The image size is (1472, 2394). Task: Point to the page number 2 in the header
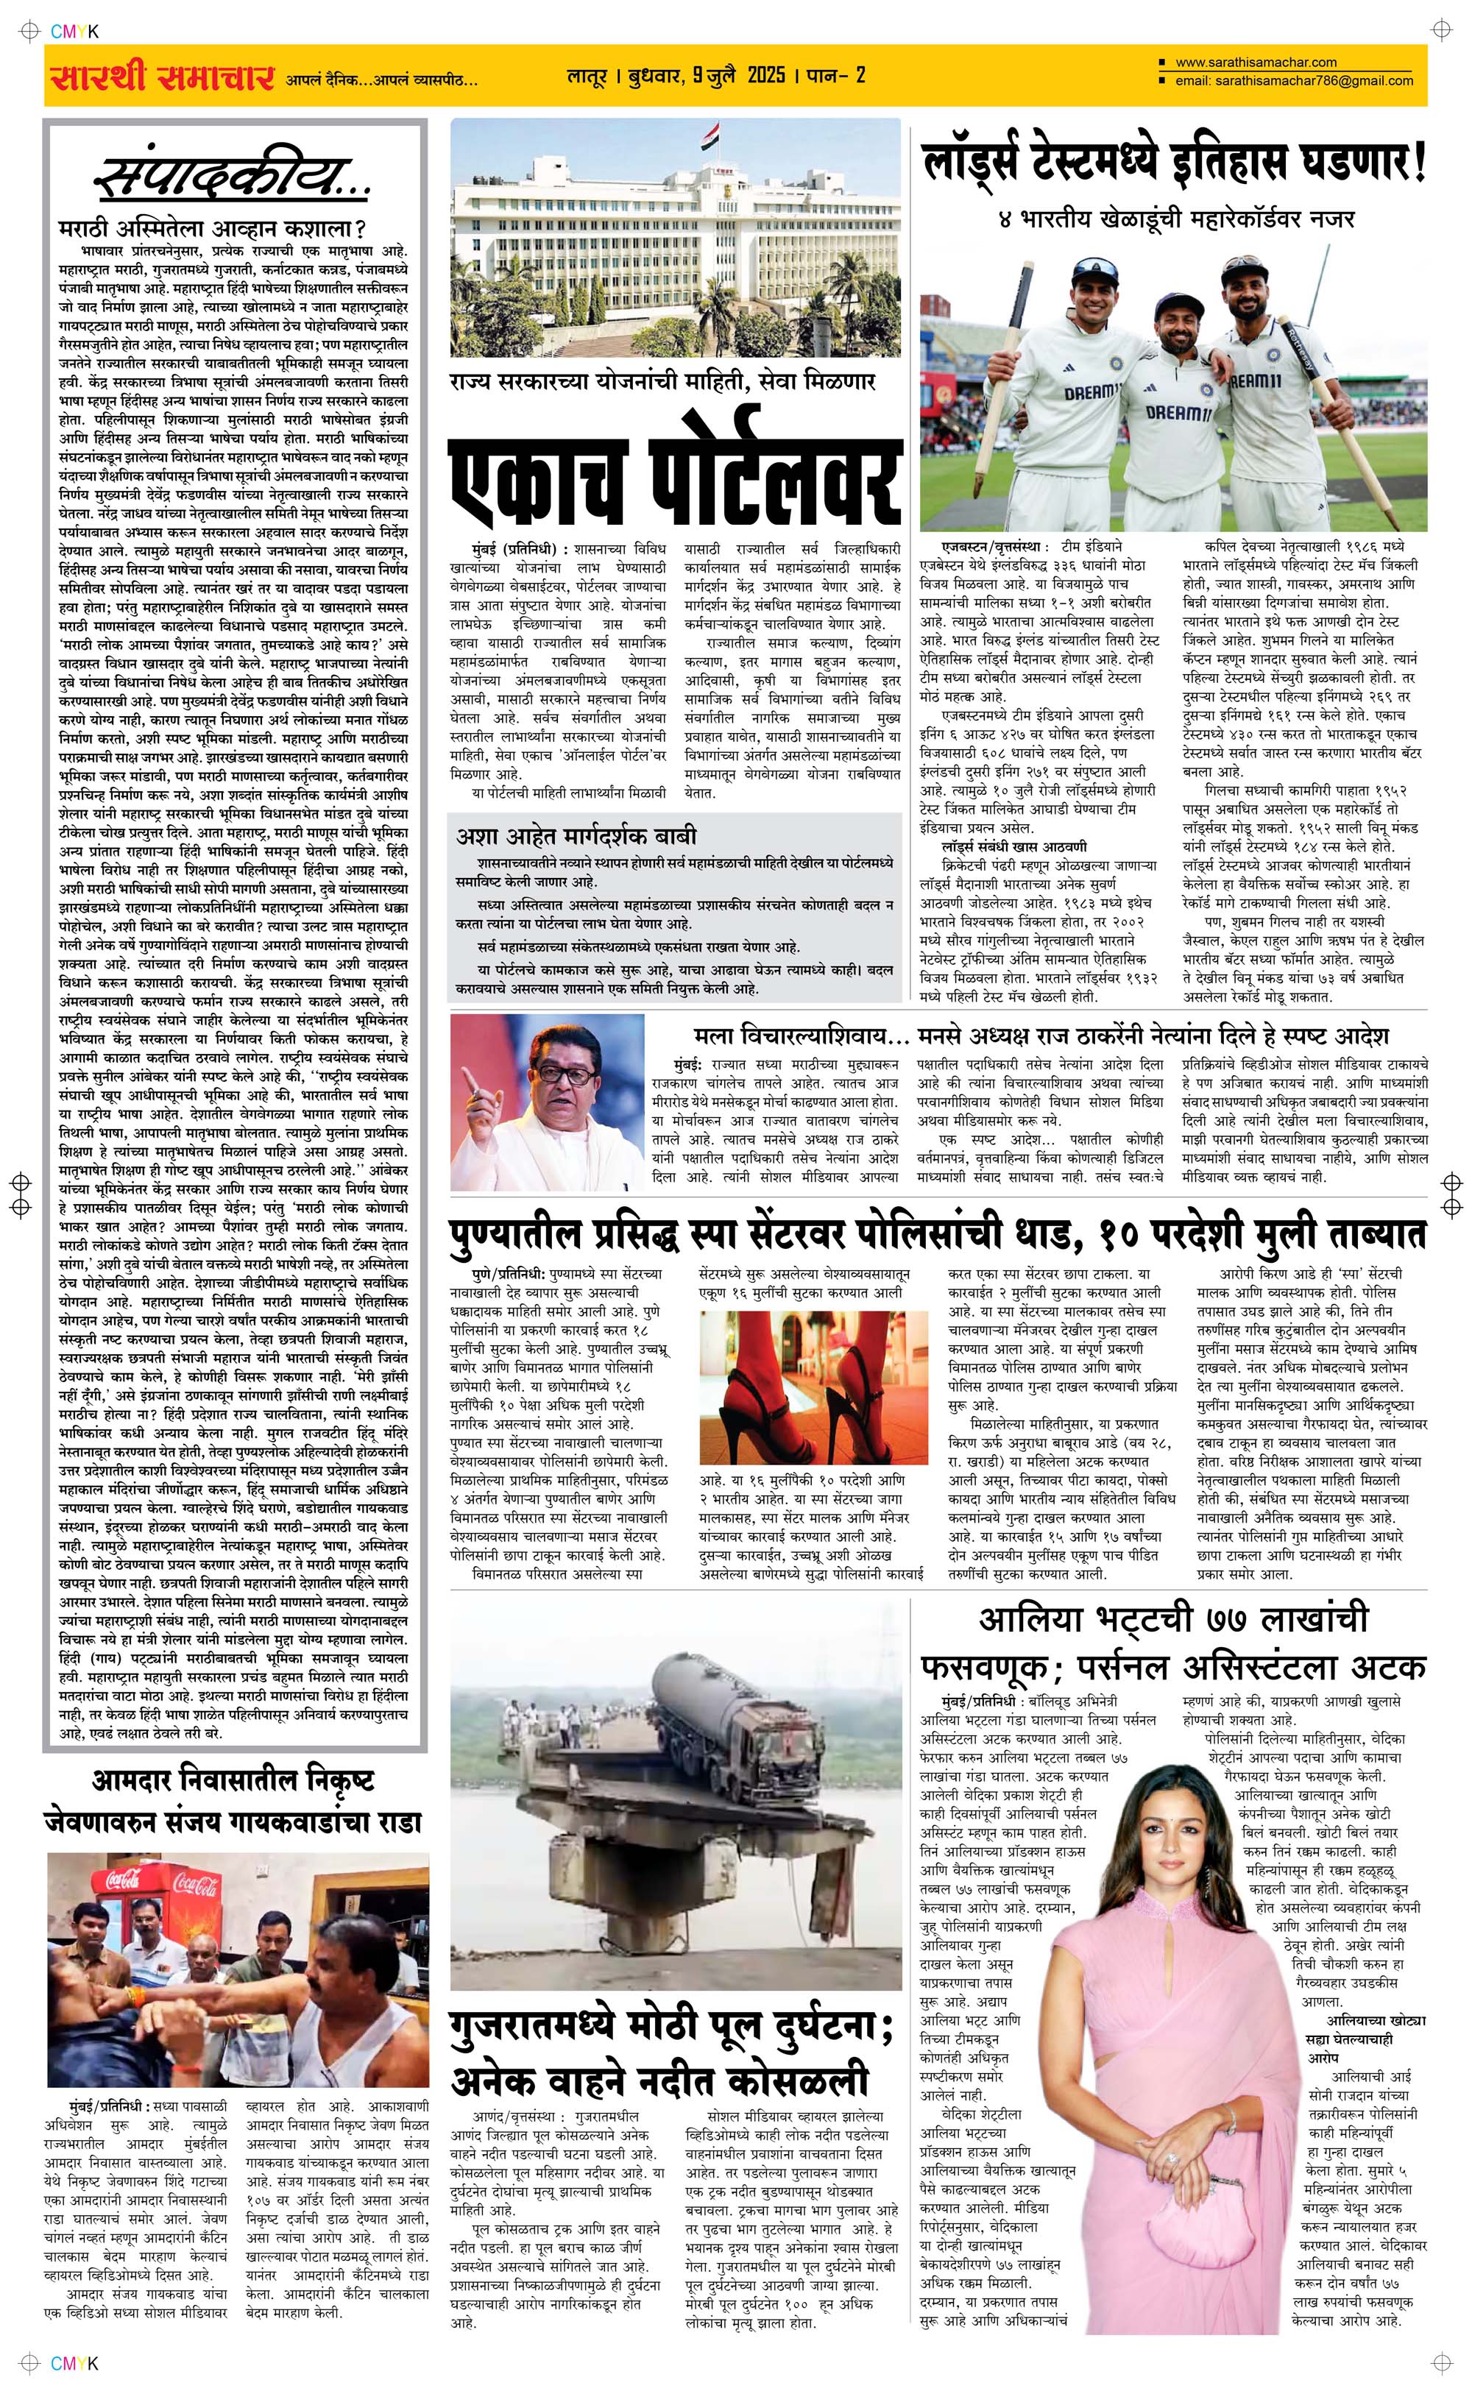coord(860,75)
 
